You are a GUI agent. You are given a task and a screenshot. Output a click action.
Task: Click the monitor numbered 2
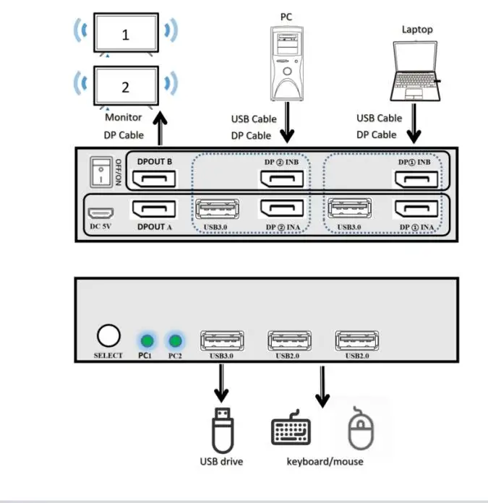click(125, 86)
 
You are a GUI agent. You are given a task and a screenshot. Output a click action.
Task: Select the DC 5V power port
click(100, 215)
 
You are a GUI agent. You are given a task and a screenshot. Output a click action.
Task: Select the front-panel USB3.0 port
click(221, 340)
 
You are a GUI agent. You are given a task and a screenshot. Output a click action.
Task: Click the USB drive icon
click(222, 431)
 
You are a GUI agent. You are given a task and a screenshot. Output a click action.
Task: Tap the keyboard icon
click(291, 431)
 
